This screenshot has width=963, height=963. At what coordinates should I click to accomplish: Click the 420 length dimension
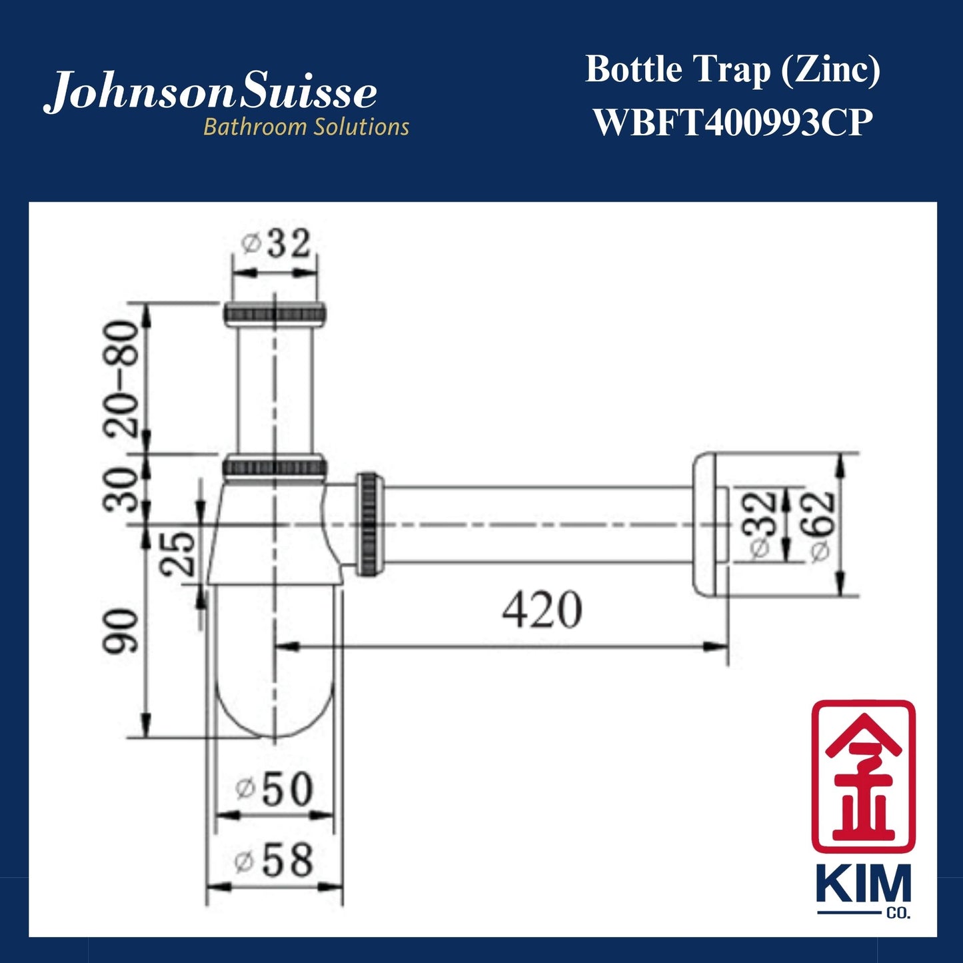point(541,610)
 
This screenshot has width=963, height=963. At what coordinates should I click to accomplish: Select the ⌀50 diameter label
point(275,789)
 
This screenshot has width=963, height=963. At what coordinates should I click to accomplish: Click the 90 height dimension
point(123,630)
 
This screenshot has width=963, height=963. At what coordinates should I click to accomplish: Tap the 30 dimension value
point(121,488)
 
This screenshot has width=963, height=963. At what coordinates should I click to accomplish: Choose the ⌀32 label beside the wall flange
point(761,526)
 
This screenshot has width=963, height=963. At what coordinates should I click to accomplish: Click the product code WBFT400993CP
point(732,123)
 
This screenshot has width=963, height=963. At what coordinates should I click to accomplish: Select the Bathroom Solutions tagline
point(306,127)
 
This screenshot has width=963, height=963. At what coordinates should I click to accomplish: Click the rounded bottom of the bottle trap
point(275,706)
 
